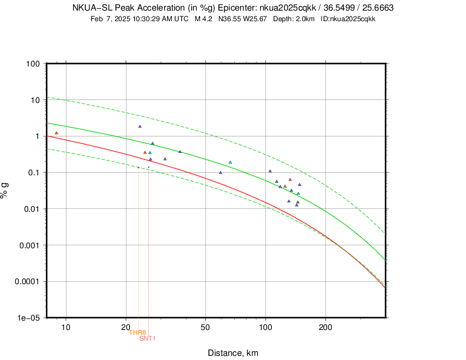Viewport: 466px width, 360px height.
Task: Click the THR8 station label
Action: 138,332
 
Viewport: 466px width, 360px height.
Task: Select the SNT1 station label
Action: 148,338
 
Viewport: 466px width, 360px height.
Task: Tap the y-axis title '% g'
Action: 6,190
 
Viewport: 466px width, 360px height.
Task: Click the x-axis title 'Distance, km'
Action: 233,353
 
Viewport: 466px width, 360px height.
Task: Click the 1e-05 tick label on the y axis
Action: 28,318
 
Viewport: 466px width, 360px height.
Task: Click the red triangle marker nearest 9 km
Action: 56,133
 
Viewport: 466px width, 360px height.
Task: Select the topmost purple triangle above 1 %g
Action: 140,126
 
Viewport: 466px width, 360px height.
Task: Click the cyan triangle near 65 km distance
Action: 230,162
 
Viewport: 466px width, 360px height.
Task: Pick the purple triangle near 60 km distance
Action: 221,172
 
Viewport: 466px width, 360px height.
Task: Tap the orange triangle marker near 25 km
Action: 145,152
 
